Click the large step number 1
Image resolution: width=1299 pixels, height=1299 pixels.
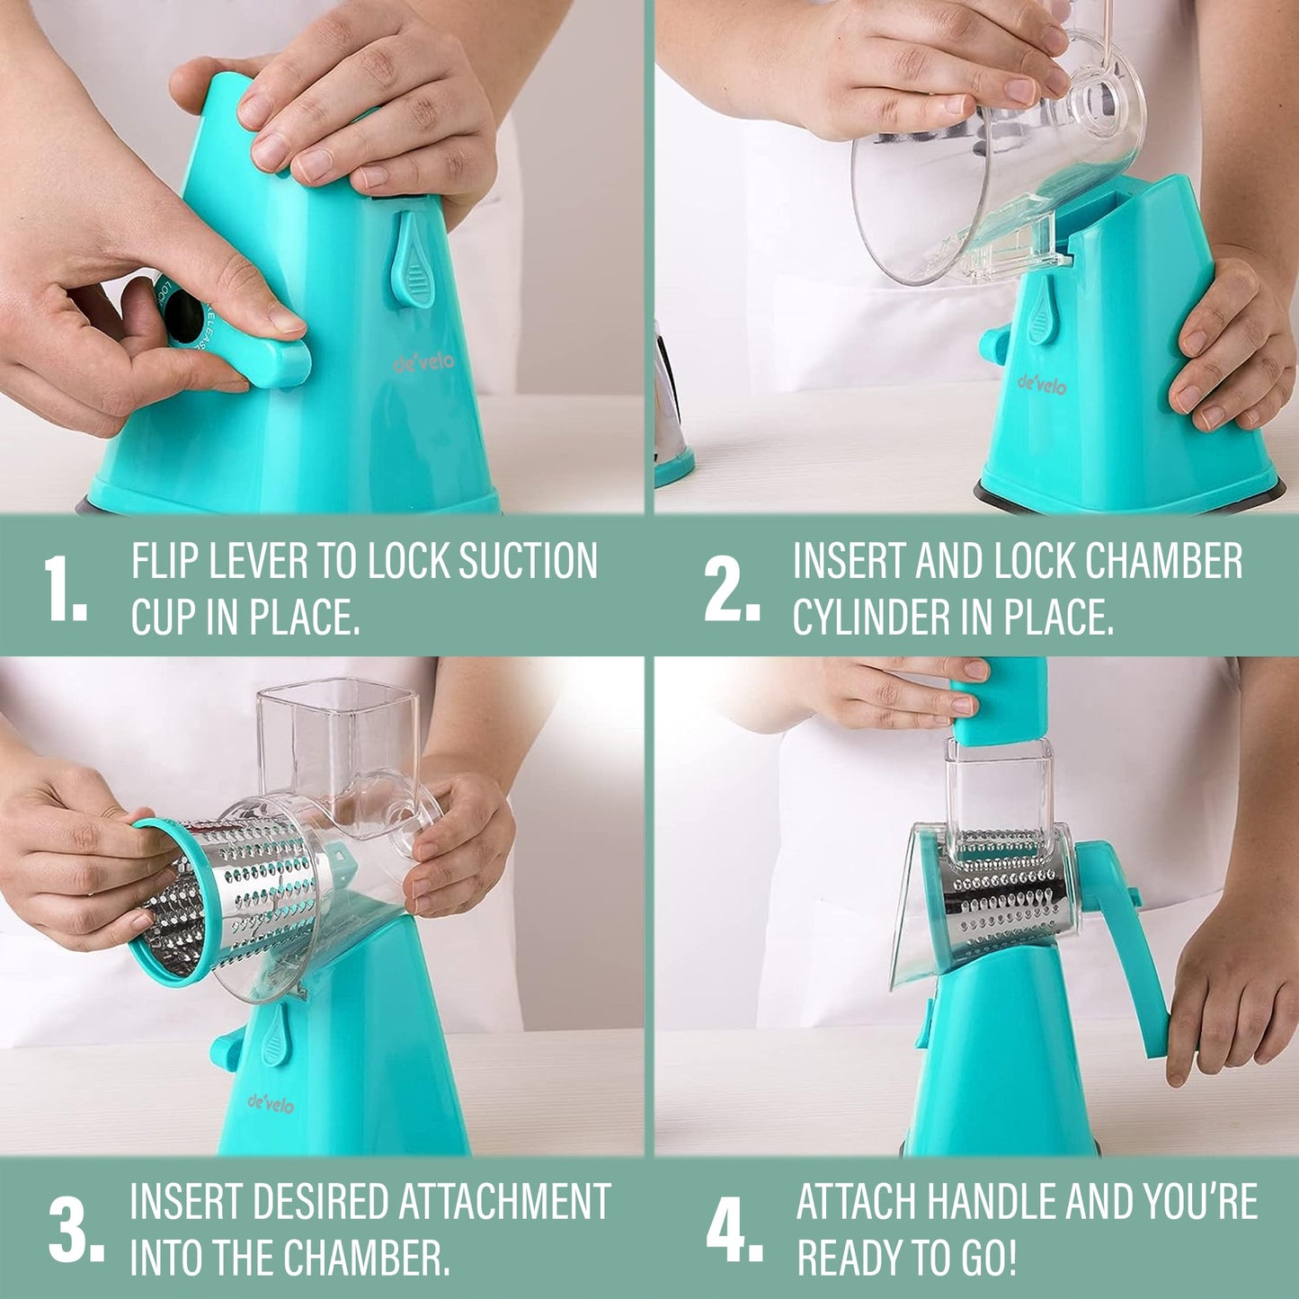click(66, 588)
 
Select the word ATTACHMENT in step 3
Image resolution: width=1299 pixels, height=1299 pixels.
click(504, 1201)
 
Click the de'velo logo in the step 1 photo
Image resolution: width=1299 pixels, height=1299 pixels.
click(423, 364)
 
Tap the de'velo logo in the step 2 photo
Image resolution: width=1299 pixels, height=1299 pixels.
click(1042, 385)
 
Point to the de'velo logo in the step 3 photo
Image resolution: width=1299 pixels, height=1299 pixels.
click(271, 1104)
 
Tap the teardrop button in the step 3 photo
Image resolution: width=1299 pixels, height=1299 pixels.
click(275, 1034)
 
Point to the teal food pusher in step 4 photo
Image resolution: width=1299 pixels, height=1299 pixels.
click(1000, 701)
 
